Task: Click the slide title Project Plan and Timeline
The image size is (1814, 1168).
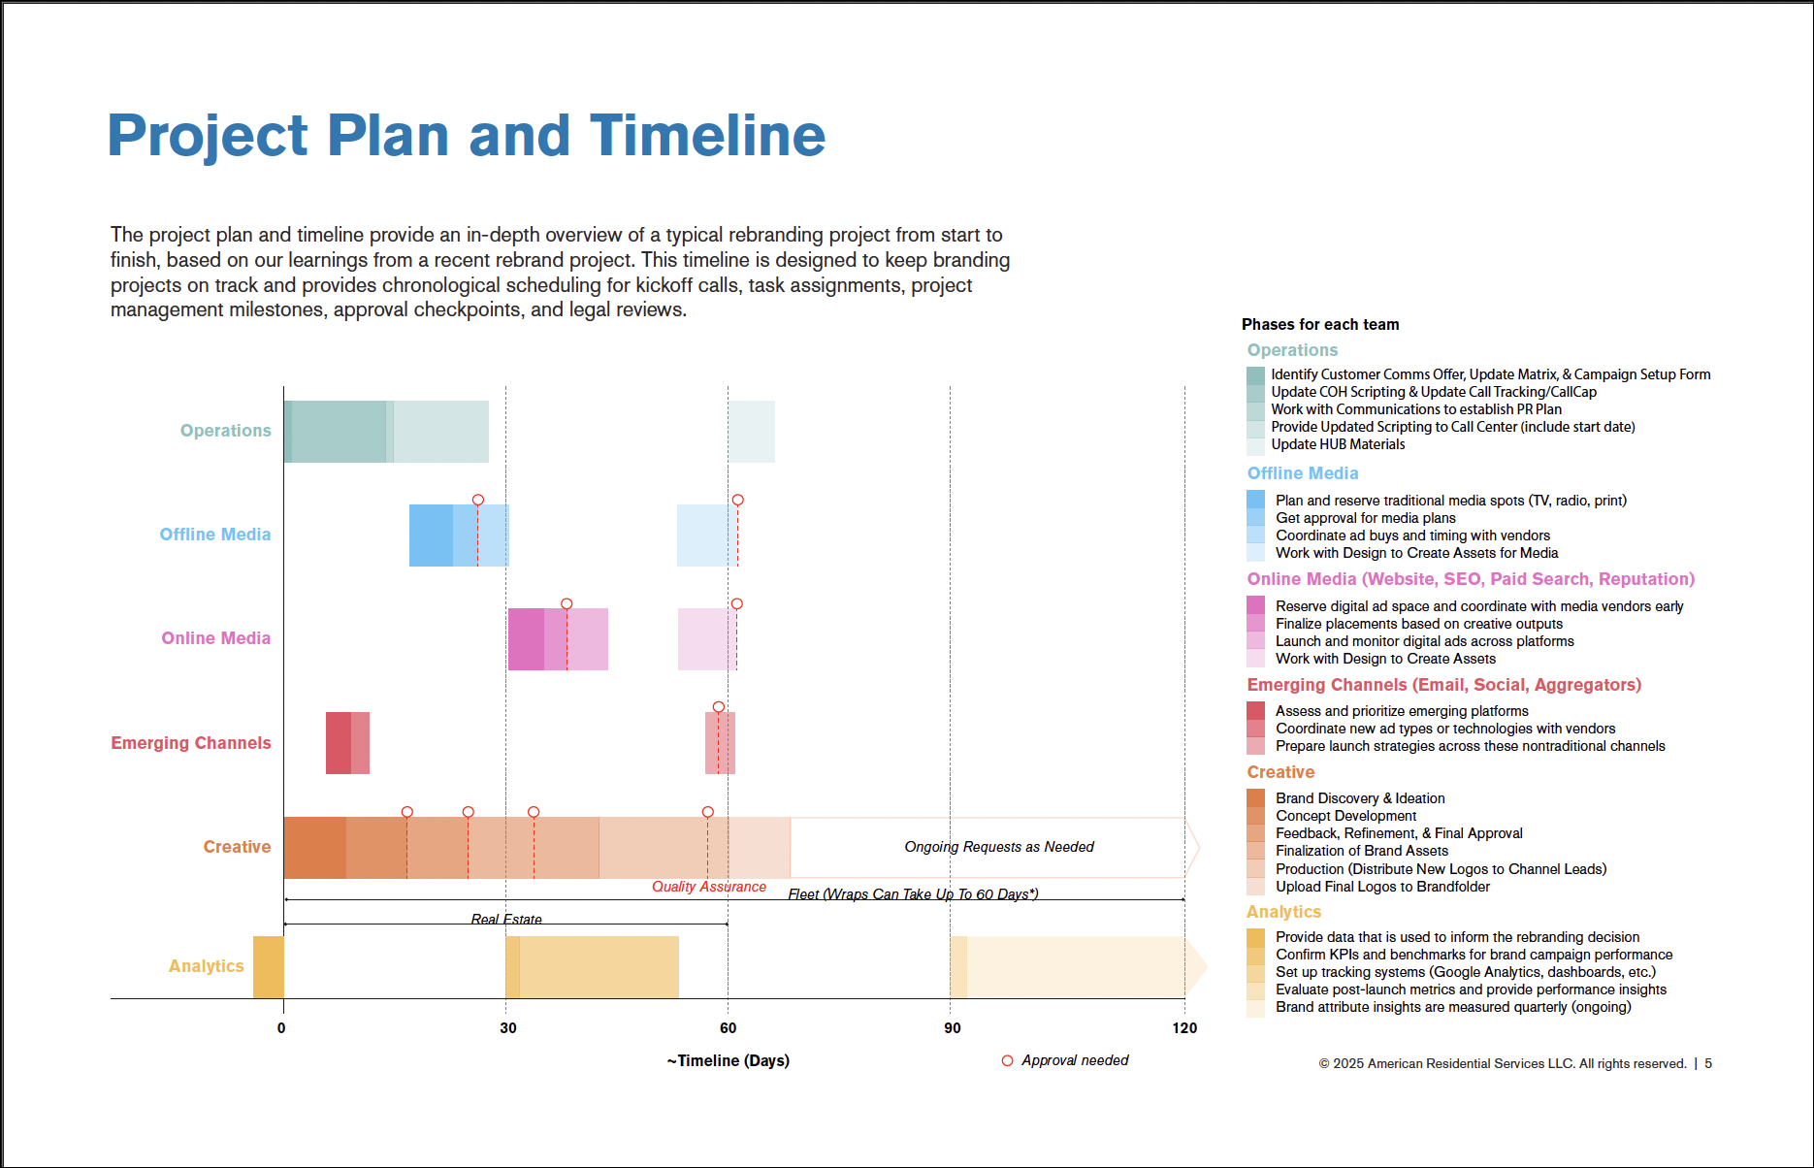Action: click(x=466, y=135)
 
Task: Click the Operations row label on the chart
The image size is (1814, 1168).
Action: click(x=225, y=431)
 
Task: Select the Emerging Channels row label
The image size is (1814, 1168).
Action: click(x=190, y=743)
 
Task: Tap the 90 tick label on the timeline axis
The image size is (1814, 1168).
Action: click(x=952, y=1028)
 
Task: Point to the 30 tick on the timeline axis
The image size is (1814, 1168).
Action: click(x=508, y=1028)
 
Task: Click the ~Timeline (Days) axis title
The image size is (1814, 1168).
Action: click(x=728, y=1060)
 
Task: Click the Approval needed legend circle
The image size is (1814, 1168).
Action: click(x=1007, y=1060)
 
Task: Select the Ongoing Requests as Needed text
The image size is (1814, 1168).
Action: click(x=998, y=847)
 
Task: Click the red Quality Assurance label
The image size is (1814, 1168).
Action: click(x=708, y=887)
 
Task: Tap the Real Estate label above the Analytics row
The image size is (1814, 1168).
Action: click(x=505, y=919)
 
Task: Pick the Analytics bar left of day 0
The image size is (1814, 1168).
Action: click(x=268, y=966)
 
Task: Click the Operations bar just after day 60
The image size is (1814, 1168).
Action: click(x=752, y=432)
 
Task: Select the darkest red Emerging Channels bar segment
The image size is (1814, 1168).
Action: click(x=338, y=743)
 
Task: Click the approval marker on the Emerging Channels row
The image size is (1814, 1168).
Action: click(x=718, y=707)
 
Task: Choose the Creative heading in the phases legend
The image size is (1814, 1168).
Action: click(x=1280, y=772)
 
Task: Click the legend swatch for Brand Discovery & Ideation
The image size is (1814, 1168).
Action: click(x=1255, y=798)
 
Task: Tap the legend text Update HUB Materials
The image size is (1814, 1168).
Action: click(x=1338, y=444)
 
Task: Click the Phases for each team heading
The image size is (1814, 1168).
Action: click(x=1319, y=325)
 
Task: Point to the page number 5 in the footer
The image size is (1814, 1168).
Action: click(x=1708, y=1063)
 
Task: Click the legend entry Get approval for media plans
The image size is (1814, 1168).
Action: click(x=1365, y=518)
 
